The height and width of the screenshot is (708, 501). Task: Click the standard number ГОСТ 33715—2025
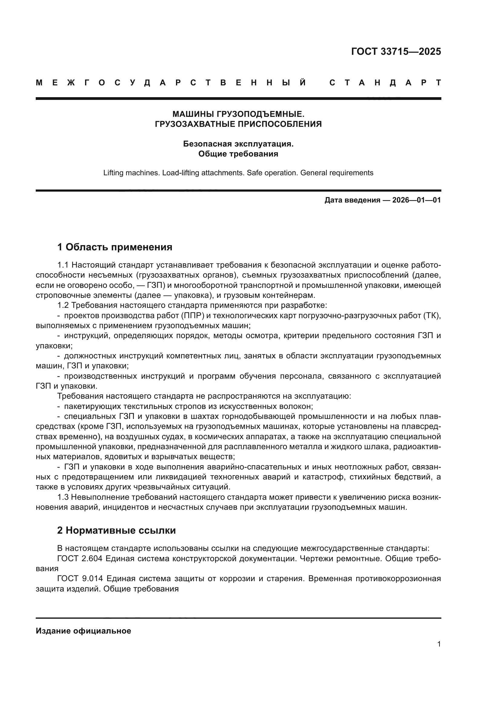396,51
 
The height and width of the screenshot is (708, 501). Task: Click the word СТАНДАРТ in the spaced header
385,83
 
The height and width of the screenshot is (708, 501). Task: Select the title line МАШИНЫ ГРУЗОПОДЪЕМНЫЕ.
238,114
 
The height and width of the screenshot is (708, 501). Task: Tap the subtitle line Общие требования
238,153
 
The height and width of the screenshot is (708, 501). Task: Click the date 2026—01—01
416,200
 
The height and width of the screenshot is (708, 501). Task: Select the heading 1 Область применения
114,247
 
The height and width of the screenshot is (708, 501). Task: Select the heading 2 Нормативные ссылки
116,530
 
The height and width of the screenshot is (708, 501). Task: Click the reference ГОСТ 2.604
80,558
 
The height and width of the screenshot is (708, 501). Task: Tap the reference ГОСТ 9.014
80,578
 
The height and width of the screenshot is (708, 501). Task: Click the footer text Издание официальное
83,631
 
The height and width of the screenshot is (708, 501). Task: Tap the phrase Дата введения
352,200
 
